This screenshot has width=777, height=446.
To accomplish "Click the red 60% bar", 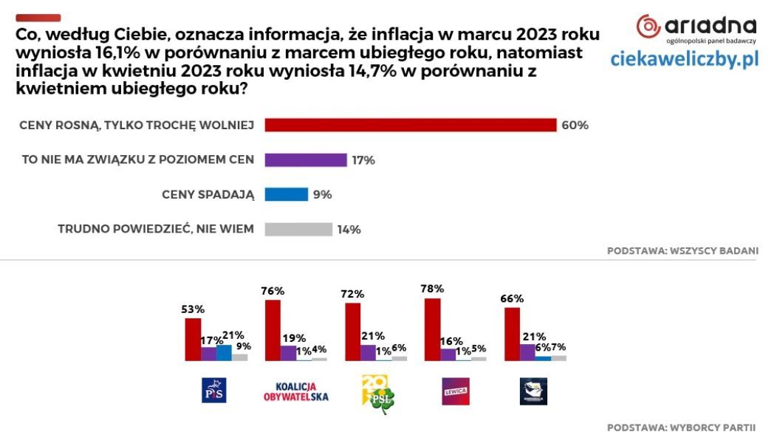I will (410, 125).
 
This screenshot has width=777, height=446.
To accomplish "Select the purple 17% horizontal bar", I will (305, 159).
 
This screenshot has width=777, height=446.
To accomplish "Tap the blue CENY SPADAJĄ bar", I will (286, 194).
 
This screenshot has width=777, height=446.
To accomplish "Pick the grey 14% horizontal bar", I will (298, 229).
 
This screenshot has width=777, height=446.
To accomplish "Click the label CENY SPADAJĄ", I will (208, 194).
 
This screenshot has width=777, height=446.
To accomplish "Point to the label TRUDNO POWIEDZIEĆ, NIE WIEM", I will (156, 229).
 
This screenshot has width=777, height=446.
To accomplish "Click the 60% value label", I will (575, 125).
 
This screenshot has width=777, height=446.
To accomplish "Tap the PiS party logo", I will (213, 390).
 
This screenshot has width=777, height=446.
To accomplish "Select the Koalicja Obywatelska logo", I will (295, 391).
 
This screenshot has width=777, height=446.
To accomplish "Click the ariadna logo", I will (696, 27).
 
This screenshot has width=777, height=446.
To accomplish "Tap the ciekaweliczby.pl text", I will (684, 60).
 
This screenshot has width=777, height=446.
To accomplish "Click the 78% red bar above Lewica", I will (433, 329).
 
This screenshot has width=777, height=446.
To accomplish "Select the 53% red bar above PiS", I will (193, 339).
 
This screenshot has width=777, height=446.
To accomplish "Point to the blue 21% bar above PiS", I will (224, 352).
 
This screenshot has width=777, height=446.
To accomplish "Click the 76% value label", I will (273, 290).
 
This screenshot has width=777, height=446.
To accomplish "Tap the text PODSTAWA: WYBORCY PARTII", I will (682, 428).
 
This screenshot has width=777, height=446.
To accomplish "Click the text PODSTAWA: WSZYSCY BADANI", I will (682, 250).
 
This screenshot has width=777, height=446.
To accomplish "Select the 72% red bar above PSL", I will (353, 332).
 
